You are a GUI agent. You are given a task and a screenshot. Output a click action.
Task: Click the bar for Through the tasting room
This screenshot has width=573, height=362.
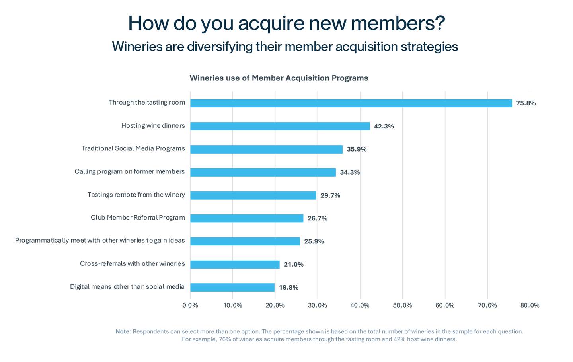click(x=351, y=103)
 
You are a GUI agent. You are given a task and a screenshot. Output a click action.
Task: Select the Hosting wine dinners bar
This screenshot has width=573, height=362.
click(x=280, y=126)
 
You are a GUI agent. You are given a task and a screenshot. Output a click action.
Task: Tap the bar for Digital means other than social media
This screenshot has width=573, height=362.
click(x=232, y=287)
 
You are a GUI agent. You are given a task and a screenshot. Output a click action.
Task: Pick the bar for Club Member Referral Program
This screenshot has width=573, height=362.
click(x=247, y=218)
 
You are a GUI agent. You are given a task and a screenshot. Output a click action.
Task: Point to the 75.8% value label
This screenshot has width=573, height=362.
click(x=526, y=103)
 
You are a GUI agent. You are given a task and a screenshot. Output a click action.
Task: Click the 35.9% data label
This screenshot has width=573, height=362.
click(x=357, y=149)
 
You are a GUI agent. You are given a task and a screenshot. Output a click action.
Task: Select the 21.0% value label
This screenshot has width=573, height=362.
click(x=293, y=264)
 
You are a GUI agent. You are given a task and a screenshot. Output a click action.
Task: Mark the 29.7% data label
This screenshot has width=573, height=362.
click(x=330, y=195)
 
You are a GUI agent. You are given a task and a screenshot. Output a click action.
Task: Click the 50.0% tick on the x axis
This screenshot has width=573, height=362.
click(x=402, y=305)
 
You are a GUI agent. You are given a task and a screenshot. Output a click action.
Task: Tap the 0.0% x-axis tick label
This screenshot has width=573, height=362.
click(x=190, y=305)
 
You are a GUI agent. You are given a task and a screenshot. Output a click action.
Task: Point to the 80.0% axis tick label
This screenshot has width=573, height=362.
click(x=530, y=305)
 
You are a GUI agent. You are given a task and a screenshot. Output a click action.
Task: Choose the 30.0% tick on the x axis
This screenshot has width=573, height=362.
click(x=317, y=305)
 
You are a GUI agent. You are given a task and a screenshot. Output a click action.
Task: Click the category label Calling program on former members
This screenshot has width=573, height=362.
click(x=130, y=171)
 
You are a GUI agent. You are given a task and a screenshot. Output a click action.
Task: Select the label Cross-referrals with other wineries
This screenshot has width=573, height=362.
click(x=132, y=263)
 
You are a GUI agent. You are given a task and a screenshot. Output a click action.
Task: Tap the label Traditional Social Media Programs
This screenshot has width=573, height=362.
click(x=133, y=148)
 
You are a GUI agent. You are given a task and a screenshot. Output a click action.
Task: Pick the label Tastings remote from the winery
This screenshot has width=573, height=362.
click(x=136, y=195)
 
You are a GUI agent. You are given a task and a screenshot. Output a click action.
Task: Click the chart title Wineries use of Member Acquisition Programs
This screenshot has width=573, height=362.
click(x=279, y=78)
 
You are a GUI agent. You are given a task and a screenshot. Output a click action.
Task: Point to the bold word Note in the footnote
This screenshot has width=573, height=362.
click(x=123, y=331)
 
